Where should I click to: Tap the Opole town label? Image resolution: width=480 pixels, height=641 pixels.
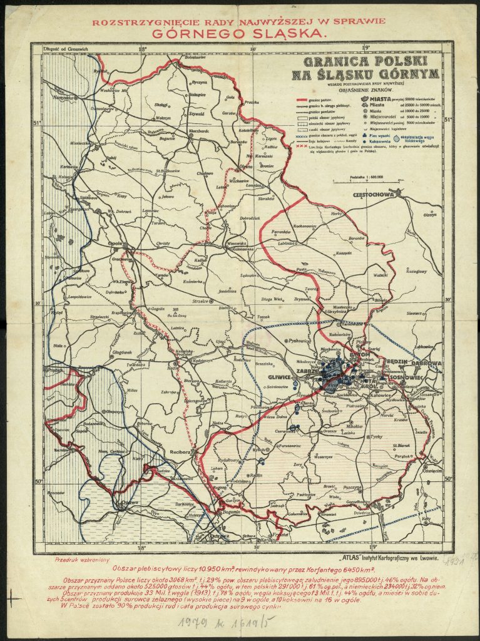pos(113,244)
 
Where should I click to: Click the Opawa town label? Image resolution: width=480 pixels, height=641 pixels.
pos(129,501)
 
